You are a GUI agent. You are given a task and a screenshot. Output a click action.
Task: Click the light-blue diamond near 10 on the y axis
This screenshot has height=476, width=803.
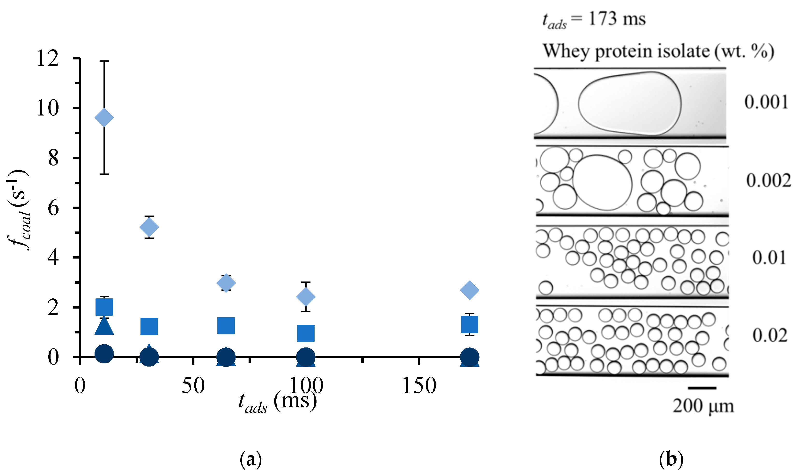[x=104, y=118]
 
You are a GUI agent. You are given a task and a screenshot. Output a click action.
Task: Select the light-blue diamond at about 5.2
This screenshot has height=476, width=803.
[x=149, y=227]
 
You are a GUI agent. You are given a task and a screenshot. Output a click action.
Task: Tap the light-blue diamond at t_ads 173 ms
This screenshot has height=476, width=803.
[x=470, y=290]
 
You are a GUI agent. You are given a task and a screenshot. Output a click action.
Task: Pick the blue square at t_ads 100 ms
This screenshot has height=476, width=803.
[x=306, y=333]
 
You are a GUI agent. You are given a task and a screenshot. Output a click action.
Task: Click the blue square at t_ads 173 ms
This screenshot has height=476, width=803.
[x=470, y=324]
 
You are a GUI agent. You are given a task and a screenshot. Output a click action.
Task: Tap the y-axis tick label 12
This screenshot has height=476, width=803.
[x=48, y=59]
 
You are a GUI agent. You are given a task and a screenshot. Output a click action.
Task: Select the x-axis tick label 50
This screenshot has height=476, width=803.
[x=193, y=386]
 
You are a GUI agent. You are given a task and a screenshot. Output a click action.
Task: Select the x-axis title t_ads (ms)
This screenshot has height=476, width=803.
[x=277, y=403]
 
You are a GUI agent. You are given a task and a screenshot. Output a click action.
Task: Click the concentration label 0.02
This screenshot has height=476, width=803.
[x=770, y=336]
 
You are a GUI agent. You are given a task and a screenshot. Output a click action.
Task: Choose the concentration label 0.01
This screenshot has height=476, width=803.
[x=769, y=258]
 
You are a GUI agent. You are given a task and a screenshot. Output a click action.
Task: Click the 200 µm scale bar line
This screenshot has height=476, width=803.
[x=702, y=388]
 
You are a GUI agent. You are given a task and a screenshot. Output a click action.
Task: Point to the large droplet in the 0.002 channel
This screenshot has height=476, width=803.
[x=602, y=183]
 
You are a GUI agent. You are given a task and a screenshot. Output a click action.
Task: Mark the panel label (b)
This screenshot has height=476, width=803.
[x=671, y=459]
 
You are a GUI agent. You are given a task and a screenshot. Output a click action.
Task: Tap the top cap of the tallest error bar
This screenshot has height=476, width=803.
[x=104, y=61]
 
